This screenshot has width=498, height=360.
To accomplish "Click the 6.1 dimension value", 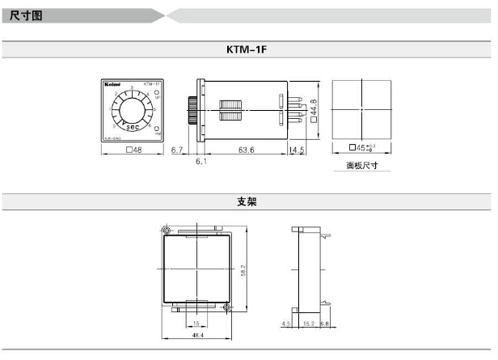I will click(200, 162).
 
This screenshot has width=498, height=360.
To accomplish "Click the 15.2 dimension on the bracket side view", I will click(309, 324).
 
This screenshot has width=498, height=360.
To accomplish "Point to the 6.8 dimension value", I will click(325, 324).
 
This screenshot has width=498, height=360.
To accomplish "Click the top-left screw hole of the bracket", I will click(167, 231).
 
